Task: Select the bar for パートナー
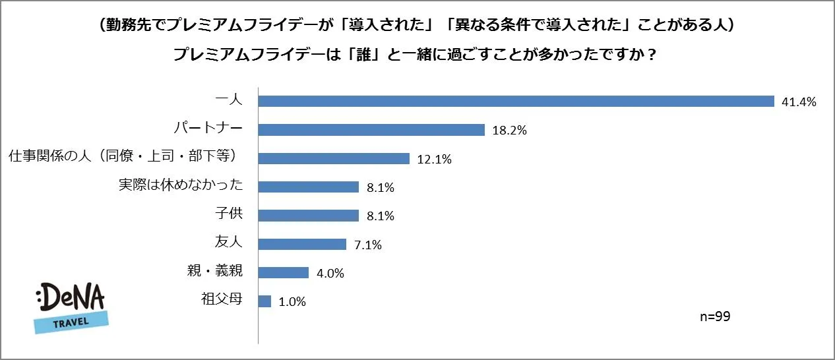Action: coord(371,130)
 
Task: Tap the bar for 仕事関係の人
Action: coord(334,158)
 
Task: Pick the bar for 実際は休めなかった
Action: coord(308,187)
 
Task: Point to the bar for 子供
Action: coord(308,216)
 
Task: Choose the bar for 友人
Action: coord(302,244)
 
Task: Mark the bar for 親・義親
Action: coord(284,272)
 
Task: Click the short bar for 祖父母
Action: coord(264,301)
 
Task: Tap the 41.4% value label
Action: coord(799,102)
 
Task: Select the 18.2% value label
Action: coord(509,131)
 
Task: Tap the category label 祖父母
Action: coord(222,300)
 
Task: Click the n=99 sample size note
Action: coord(715,317)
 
